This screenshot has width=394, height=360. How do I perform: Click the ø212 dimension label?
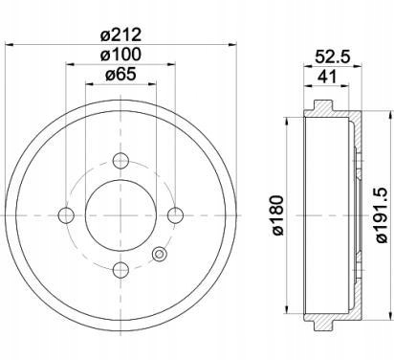(x=120, y=34)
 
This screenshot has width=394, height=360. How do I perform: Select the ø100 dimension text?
(x=120, y=55)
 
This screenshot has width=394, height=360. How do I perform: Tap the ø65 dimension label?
(x=120, y=75)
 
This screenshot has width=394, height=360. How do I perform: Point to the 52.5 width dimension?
(x=333, y=57)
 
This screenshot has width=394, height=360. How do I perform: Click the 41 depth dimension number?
(x=326, y=77)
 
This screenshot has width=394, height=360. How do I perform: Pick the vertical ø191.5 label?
(x=382, y=215)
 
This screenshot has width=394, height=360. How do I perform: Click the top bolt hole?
(x=120, y=160)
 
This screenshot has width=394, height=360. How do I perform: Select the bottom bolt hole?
(x=120, y=270)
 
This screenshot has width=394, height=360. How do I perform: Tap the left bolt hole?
(x=66, y=215)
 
